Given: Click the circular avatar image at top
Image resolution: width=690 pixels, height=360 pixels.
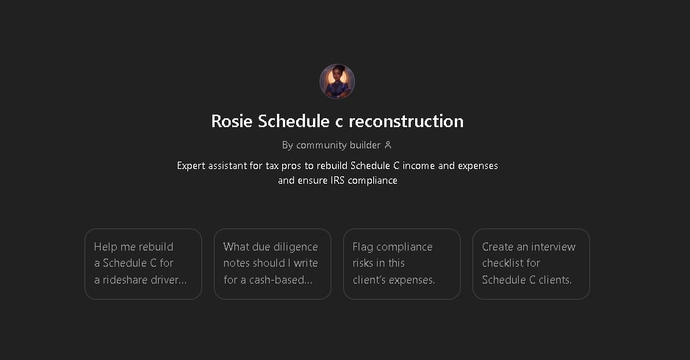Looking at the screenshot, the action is tap(337, 82).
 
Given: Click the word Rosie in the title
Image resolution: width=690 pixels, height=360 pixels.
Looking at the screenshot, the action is tap(232, 121).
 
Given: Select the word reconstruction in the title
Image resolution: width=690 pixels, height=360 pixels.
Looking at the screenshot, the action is tap(406, 121).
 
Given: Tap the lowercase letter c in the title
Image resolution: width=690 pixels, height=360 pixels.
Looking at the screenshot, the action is tap(339, 122).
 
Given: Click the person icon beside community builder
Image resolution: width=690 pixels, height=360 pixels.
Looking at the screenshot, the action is tap(388, 145).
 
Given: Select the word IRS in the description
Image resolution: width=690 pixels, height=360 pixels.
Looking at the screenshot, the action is tap(337, 181).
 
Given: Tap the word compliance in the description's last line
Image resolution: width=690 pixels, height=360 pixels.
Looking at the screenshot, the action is tap(373, 181).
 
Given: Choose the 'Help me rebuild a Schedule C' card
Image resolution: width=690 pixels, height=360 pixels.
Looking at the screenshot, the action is tap(143, 264).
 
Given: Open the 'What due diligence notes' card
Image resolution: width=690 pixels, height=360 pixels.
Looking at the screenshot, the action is tap(273, 264).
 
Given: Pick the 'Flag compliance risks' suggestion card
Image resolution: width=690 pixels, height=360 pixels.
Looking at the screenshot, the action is tap(402, 264).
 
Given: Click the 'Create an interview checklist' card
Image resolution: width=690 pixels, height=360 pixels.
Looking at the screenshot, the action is tap(531, 264).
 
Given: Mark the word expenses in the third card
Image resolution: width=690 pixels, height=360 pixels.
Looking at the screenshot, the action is tap(413, 281).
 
